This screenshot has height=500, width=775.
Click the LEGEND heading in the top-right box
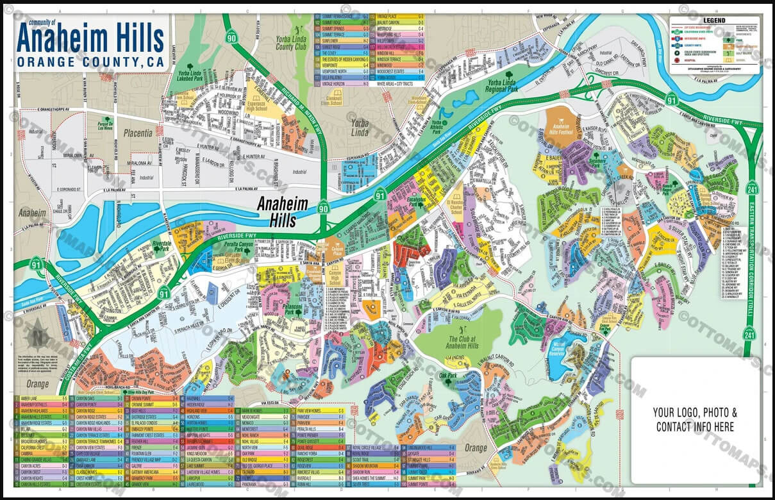pyautogui.click(x=715, y=21)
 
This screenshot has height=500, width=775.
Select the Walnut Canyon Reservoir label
pyautogui.click(x=562, y=348)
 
